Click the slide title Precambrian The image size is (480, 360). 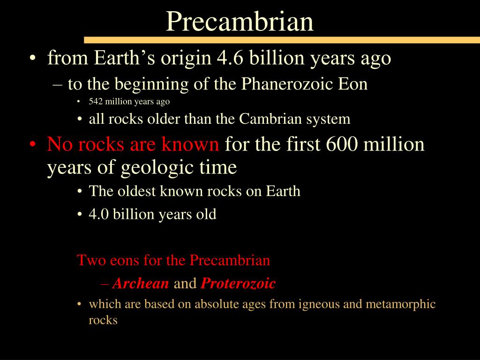tap(240, 21)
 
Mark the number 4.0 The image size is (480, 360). tap(97, 215)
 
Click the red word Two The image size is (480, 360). tap(89, 260)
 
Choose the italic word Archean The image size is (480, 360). tap(141, 284)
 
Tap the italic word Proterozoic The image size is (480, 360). tap(238, 284)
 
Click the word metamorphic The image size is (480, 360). tap(400, 305)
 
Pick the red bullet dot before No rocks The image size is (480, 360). tap(31, 144)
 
